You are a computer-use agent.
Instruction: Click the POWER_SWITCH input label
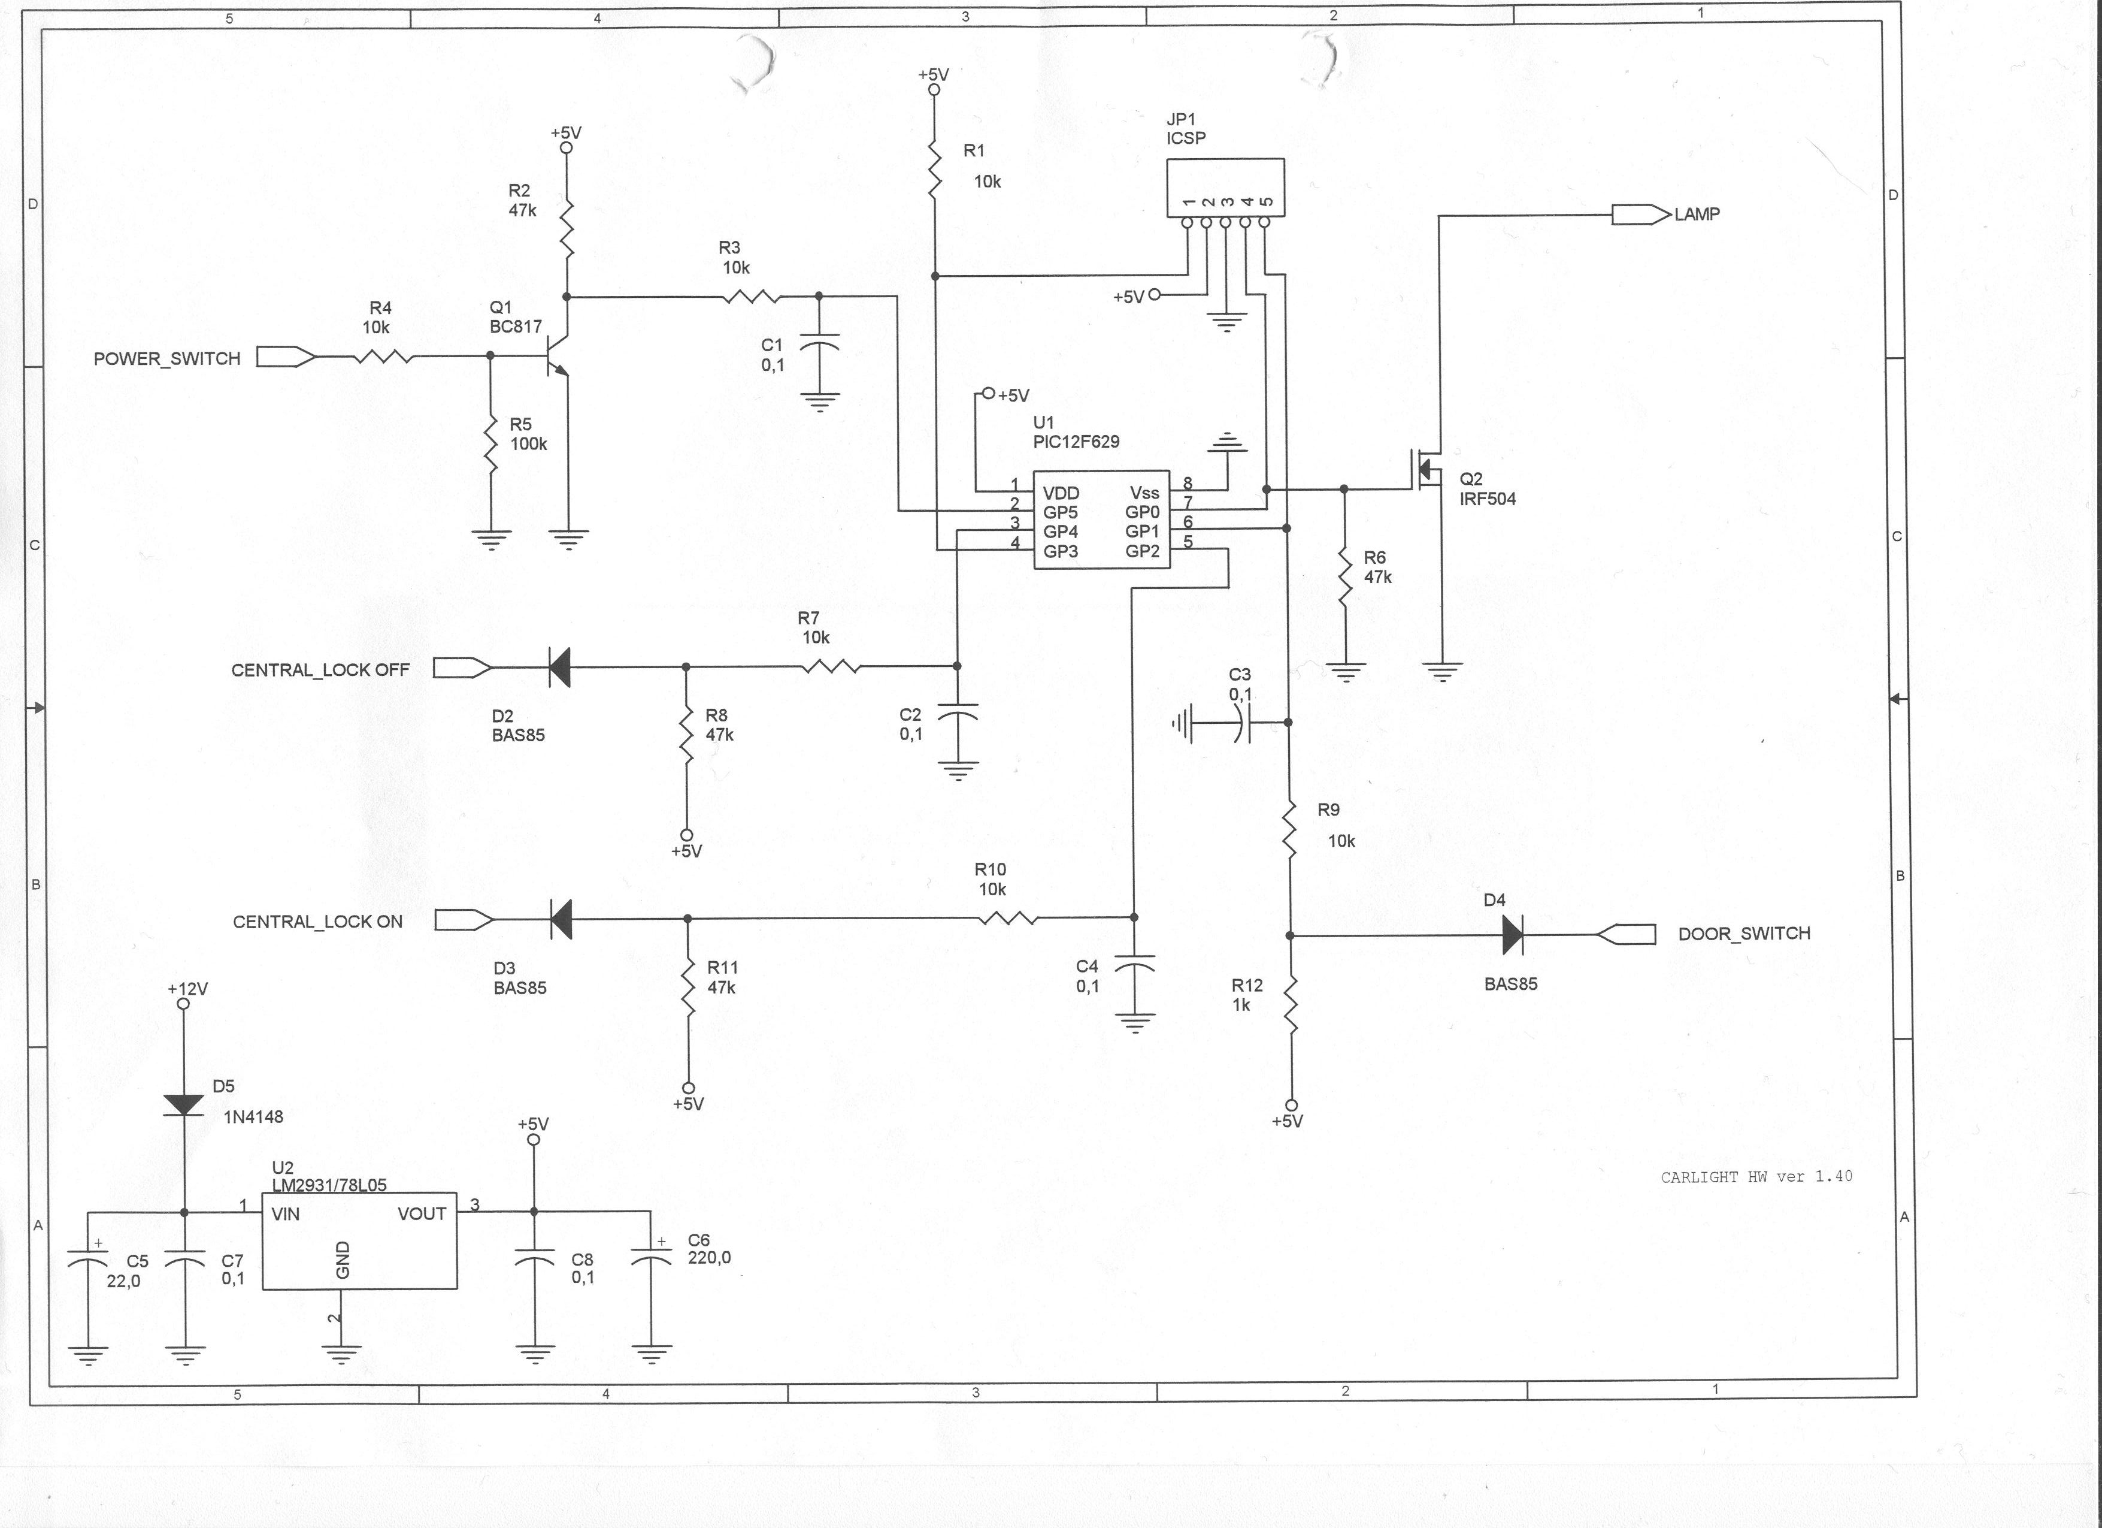(x=167, y=359)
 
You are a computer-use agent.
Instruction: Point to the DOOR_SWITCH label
(x=1744, y=934)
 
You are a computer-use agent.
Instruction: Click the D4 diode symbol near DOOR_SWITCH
(x=1513, y=935)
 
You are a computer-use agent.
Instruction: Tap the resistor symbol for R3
(x=751, y=297)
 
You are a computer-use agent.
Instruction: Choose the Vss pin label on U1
(x=1144, y=493)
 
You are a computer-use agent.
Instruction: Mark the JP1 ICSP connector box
(x=1225, y=188)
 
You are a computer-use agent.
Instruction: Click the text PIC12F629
(x=1076, y=442)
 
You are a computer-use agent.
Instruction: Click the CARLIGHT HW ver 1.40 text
(x=1756, y=1177)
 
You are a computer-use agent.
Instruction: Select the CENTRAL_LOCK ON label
(x=318, y=922)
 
